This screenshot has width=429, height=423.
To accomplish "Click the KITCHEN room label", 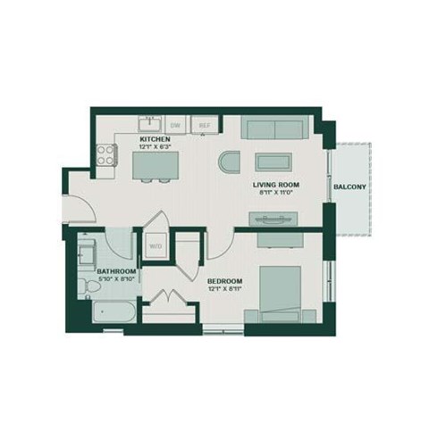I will [155, 140].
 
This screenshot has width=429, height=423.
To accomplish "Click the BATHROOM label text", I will [116, 270].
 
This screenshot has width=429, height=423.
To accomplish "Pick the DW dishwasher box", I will [176, 126].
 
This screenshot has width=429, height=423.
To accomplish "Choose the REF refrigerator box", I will [203, 126].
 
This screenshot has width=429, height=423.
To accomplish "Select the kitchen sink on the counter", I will [149, 123].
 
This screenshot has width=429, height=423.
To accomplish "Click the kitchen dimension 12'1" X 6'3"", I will [155, 148].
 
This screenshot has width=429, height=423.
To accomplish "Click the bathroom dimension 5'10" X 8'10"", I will [116, 278].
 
